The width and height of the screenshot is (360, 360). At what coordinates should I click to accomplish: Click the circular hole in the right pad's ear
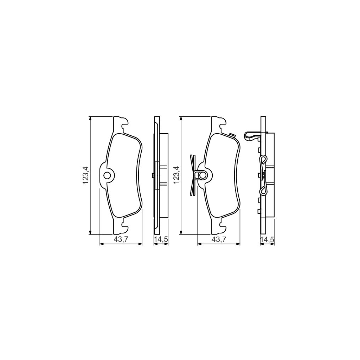(202, 175)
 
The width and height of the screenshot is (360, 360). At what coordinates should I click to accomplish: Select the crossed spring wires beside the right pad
(192, 175)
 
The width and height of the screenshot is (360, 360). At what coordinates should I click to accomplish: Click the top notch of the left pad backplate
(124, 125)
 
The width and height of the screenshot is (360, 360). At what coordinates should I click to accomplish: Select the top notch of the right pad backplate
(221, 125)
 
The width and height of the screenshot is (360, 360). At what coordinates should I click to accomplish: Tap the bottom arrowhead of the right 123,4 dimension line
(181, 232)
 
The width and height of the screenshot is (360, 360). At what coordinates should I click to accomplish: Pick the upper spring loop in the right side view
(263, 160)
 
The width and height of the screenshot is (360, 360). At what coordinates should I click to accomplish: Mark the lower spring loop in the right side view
(263, 191)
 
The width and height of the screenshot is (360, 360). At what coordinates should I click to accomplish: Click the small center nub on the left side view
(152, 175)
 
